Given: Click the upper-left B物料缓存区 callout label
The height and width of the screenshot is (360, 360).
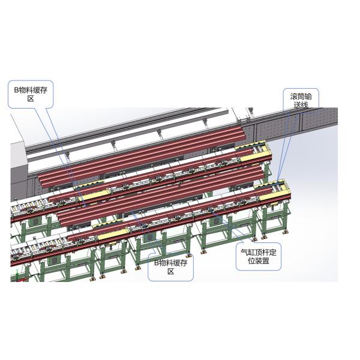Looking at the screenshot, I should coord(31,94).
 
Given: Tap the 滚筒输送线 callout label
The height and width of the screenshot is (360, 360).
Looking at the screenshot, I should coord(301,100).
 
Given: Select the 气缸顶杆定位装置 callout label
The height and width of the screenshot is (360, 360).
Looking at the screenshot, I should coord(258,257).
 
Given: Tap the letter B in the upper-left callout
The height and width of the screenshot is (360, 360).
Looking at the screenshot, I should coord(17,89).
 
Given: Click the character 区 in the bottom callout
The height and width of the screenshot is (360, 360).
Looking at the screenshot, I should coord(171,272).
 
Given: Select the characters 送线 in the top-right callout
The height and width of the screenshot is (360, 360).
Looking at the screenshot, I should coord(301,105).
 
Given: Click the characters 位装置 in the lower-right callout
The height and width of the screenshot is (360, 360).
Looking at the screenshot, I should coord(258,262).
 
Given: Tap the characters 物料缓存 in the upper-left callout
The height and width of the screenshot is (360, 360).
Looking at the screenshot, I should coord(34,89).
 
